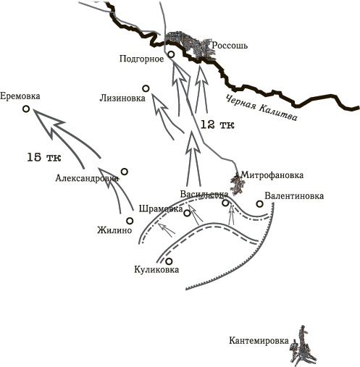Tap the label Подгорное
[140, 59]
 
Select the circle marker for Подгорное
[171, 54]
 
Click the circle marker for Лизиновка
[146, 88]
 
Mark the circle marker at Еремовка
[26, 109]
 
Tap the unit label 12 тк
[217, 125]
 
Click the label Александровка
[86, 178]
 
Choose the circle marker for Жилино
[130, 221]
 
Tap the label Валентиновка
[294, 195]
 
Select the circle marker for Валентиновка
[259, 203]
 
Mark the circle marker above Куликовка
[169, 261]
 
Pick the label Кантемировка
[256, 341]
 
